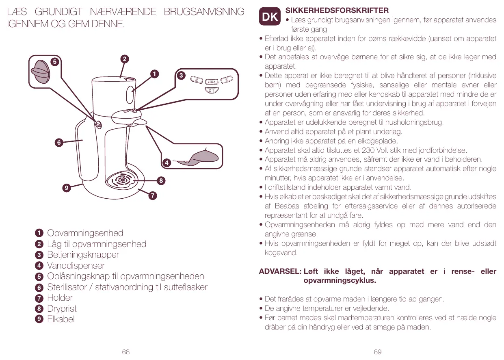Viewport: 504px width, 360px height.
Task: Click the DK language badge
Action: point(270,17)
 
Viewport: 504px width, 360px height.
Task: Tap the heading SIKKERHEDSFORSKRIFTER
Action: point(337,11)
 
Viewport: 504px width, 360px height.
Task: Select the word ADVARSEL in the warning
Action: point(280,271)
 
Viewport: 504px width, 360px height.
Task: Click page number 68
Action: point(126,352)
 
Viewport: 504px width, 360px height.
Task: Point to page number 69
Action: point(378,352)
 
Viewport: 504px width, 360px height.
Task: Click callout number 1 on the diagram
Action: point(154,74)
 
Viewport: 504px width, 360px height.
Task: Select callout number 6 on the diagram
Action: point(59,143)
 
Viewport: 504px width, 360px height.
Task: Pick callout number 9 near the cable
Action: point(66,188)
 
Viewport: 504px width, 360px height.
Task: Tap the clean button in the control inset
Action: point(212,82)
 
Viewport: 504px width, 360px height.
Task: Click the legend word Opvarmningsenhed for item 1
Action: point(85,233)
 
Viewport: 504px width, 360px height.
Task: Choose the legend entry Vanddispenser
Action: point(76,266)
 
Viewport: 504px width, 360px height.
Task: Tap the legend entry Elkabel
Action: point(61,319)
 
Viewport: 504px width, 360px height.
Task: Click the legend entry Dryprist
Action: point(62,309)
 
